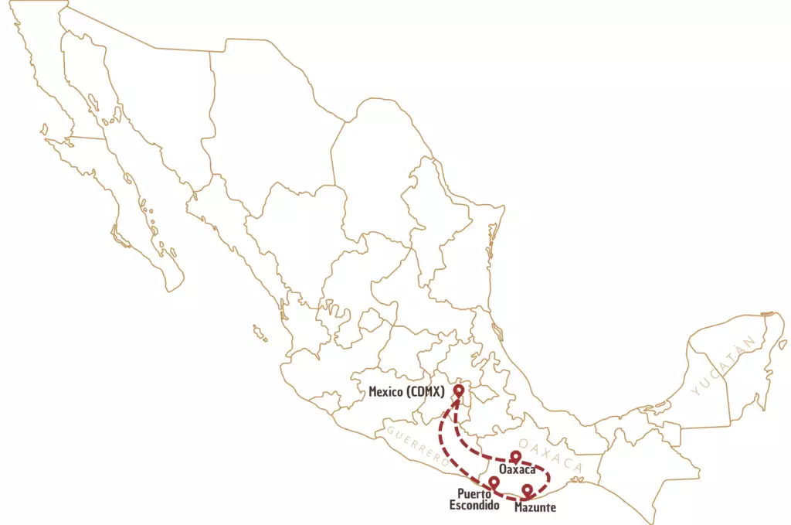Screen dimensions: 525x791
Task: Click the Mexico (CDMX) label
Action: (406, 392)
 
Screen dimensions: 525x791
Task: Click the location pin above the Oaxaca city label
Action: (516, 456)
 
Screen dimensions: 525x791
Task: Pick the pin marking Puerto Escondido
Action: (494, 483)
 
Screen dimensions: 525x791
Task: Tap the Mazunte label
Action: (535, 507)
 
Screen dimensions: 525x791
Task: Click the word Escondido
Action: (474, 506)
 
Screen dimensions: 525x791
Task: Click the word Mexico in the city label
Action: (385, 392)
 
